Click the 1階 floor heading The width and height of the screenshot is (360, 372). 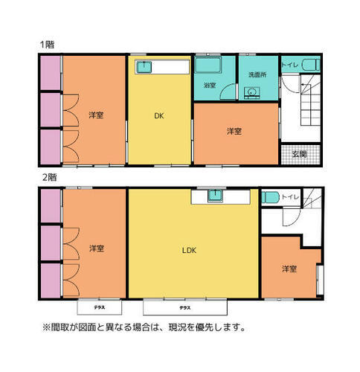coord(47,45)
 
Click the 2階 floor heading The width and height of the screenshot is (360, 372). coord(49,178)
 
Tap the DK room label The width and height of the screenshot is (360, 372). coord(159,116)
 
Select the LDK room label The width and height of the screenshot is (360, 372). coord(189,250)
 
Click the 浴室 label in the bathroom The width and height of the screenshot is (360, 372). coord(210,86)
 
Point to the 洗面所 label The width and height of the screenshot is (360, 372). coord(257,74)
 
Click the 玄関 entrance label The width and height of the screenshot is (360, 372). coord(300,154)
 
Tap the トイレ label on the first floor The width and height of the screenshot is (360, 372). coord(290,65)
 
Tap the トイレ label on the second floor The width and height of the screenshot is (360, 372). coord(291,197)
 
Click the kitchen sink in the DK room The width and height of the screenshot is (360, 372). coord(144,67)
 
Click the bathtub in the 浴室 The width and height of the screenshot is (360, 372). coord(208,65)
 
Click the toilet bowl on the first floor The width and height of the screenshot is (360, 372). coord(311,65)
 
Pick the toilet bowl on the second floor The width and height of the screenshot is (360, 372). coord(271,198)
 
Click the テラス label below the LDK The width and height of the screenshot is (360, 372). coord(185,308)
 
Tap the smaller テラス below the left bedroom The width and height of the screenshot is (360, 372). coord(100,307)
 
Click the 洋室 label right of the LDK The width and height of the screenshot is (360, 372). coord(289,269)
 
